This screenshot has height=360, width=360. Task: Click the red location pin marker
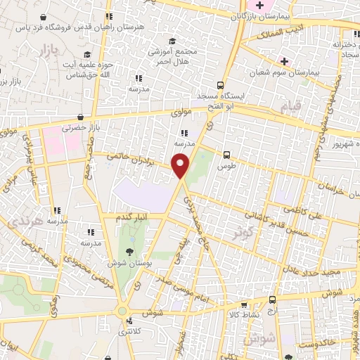click(x=181, y=166)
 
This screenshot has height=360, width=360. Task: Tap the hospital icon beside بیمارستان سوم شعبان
click(x=284, y=61)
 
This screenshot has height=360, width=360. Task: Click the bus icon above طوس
click(x=226, y=155)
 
